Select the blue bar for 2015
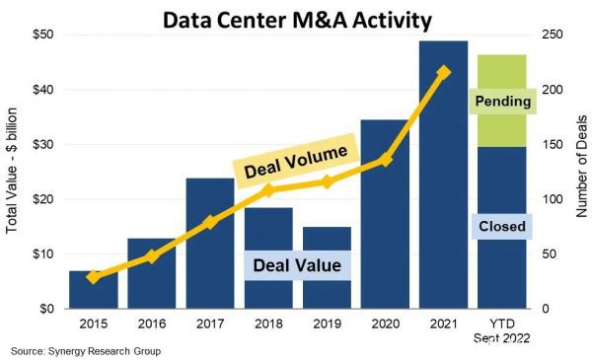[x=94, y=290]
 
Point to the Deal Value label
[x=297, y=264]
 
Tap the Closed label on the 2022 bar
[x=502, y=227]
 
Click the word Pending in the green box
[x=502, y=102]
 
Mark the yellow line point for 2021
[x=443, y=72]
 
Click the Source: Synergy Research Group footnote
[x=85, y=351]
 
